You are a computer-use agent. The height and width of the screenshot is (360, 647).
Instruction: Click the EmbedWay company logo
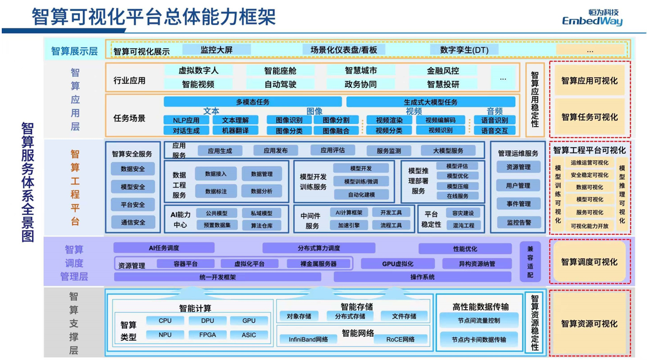point(592,17)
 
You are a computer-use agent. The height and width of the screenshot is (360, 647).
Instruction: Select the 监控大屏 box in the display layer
point(216,50)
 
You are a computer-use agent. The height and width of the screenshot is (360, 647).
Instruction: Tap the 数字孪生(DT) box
point(464,50)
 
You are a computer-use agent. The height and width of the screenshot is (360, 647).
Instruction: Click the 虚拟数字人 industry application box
point(198,70)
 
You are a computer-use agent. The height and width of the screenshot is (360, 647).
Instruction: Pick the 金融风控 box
point(443,70)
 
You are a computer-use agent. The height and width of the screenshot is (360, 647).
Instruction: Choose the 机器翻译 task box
point(235,130)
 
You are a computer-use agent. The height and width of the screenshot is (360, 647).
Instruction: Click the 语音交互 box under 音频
point(494,130)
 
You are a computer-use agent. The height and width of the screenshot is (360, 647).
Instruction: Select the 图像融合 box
point(336,130)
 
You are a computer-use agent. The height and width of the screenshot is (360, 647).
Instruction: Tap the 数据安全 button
point(133,169)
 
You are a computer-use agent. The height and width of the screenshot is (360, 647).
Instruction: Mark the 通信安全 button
point(133,222)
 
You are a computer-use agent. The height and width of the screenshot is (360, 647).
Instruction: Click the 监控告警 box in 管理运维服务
point(518,222)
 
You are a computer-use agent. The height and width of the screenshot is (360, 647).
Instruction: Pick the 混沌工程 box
point(463,225)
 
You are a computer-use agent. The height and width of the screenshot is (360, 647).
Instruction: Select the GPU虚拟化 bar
point(398,264)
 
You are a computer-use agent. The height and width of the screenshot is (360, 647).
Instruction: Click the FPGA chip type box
point(208,335)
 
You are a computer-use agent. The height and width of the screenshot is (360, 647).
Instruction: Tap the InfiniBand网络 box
point(308,339)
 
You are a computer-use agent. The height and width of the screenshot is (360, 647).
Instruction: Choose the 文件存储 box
point(404,316)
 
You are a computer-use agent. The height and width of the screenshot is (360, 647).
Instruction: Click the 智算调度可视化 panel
point(589,262)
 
